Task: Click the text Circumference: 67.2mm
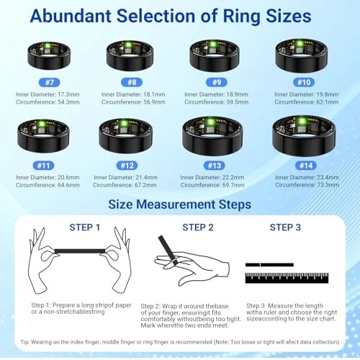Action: (x=130, y=184)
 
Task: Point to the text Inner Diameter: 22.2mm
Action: (x=212, y=176)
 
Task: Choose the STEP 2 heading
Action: (x=197, y=228)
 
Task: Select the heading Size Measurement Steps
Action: (x=179, y=204)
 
